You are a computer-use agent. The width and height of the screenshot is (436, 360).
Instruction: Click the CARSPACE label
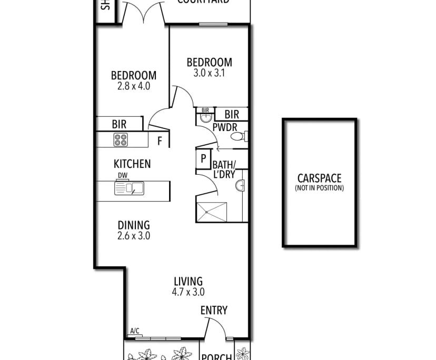tap(319, 178)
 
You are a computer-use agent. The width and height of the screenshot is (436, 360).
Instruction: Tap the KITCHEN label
tap(132, 164)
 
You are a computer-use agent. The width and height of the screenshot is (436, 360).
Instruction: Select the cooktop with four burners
tap(121, 139)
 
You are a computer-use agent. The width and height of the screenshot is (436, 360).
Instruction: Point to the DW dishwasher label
tap(122, 175)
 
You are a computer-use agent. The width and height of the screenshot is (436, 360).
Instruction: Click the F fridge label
tap(160, 141)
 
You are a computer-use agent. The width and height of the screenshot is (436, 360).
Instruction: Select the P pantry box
tap(203, 158)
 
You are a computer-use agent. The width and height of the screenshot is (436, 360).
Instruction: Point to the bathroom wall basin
tap(240, 185)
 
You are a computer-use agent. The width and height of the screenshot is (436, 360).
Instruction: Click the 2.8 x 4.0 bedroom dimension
tap(133, 86)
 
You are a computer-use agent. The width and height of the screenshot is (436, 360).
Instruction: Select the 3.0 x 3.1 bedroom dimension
tap(209, 73)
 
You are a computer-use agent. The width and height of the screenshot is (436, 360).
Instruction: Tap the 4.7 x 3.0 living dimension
tap(188, 292)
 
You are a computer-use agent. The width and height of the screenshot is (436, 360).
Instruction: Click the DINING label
tap(133, 225)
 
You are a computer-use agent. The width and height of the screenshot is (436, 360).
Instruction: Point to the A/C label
tap(134, 331)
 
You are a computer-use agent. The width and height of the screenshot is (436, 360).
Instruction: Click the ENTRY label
tap(214, 311)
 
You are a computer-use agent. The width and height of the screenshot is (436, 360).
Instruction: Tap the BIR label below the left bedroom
tap(119, 125)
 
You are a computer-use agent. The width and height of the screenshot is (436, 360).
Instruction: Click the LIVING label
tap(188, 282)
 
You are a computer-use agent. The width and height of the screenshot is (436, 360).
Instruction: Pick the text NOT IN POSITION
tap(319, 188)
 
